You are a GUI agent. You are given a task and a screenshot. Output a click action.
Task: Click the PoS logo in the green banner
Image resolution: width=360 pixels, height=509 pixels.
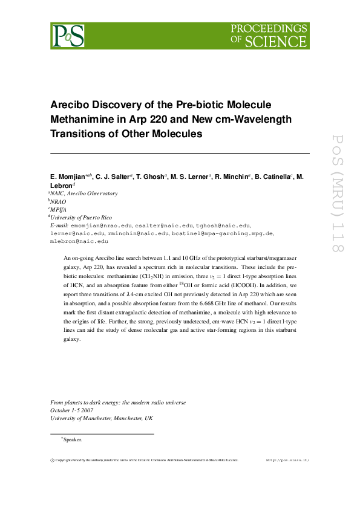point(67,35)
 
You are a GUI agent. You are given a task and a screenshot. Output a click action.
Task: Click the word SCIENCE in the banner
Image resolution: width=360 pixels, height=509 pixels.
point(275,41)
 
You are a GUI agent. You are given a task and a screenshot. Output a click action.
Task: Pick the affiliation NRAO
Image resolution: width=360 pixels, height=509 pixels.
point(59,201)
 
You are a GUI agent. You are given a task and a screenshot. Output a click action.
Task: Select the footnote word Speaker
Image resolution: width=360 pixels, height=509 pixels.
point(72,439)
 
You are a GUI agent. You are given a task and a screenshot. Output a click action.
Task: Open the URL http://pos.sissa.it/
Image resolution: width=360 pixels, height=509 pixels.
point(287,460)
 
